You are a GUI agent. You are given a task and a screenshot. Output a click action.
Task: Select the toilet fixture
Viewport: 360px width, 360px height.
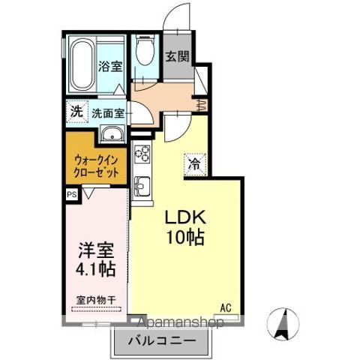click(x=143, y=54)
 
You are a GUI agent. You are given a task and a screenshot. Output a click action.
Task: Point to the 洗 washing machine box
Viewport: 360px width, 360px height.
click(x=76, y=111)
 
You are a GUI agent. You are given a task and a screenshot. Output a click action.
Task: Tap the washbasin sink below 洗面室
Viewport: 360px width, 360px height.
click(x=112, y=135)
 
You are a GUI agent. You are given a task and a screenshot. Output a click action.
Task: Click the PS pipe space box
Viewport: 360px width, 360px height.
click(x=72, y=194)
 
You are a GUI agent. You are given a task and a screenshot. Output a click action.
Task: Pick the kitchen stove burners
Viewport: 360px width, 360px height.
click(x=142, y=156)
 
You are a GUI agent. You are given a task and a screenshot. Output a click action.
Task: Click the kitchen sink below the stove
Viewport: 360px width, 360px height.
click(x=142, y=184)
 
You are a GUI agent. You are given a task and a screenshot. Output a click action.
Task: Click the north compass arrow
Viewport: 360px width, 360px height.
click(x=284, y=323)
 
